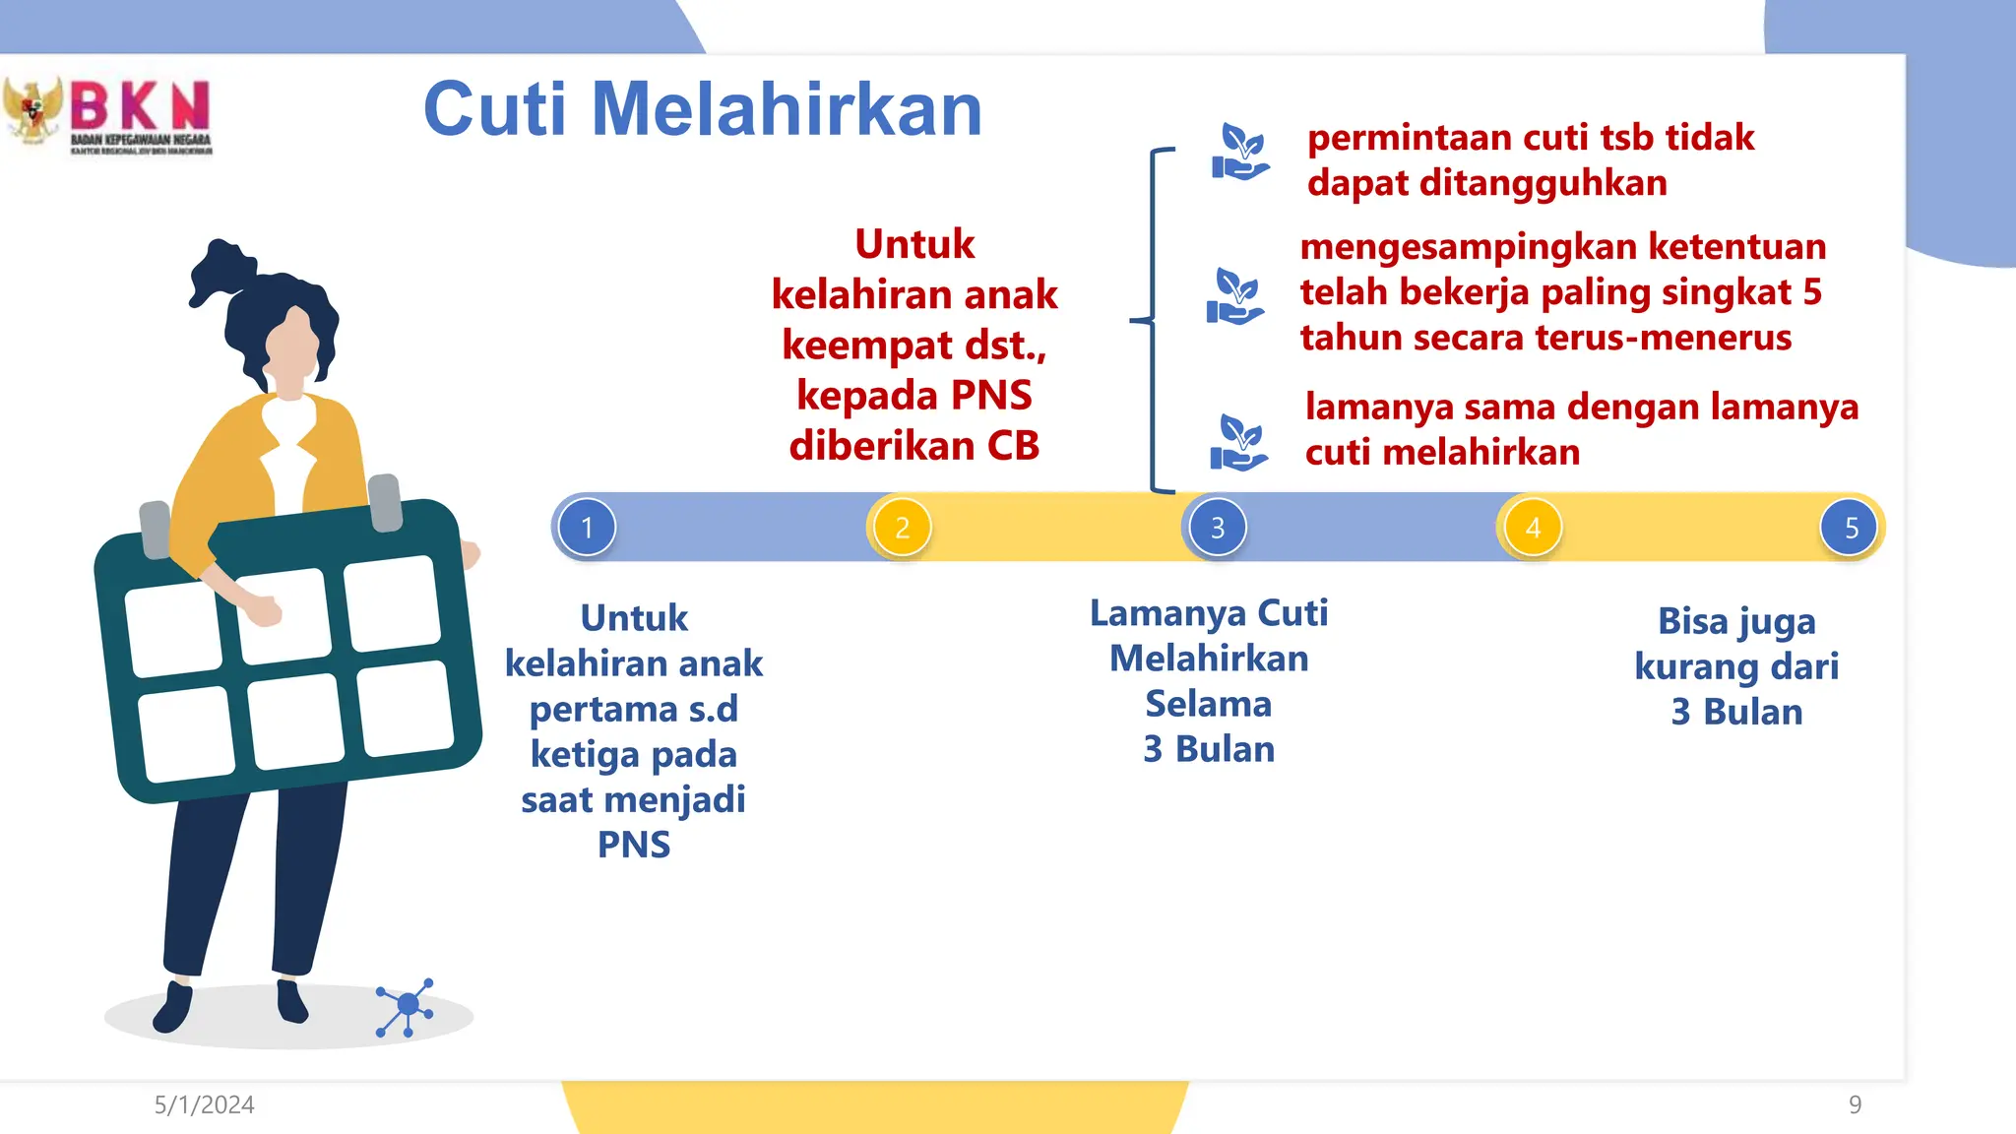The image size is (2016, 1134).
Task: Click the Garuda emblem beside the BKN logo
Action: (31, 110)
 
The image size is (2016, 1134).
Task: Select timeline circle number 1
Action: (587, 528)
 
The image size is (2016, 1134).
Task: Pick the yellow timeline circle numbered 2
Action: (902, 528)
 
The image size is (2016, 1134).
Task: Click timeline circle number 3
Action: (1217, 528)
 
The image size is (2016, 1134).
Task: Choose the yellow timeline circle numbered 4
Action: (1533, 528)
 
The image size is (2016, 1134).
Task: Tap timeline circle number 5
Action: (1851, 528)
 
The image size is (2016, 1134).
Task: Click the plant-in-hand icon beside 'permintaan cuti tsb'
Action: (1239, 153)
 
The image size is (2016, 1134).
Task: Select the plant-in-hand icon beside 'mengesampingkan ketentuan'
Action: (1234, 296)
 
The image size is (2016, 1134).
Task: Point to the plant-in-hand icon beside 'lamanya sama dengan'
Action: (1238, 443)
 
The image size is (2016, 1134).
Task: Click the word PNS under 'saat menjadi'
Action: (634, 846)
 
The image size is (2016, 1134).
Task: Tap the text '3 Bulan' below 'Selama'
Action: (1209, 750)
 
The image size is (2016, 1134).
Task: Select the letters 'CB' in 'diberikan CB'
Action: (1013, 446)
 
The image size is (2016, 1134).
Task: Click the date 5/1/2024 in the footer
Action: (204, 1105)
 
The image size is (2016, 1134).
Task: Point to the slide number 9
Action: (1855, 1105)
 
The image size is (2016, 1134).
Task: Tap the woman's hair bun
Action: (220, 268)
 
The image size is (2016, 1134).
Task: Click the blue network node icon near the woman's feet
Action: (406, 1006)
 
